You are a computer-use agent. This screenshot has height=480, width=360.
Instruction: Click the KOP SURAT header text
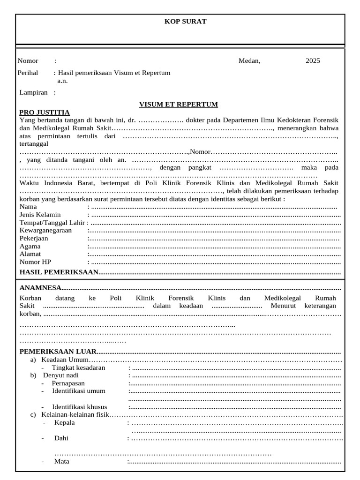point(185,22)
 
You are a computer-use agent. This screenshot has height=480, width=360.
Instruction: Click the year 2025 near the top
point(313,61)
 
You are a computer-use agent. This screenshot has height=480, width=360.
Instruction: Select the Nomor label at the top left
point(28,61)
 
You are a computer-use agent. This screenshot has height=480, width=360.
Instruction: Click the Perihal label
point(28,73)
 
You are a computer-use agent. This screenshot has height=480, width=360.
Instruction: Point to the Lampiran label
point(33,92)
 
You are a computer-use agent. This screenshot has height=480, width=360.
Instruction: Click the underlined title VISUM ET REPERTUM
point(179,105)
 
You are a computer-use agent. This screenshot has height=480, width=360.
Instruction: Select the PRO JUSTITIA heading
point(45,112)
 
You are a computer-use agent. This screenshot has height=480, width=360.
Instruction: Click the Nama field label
point(28,207)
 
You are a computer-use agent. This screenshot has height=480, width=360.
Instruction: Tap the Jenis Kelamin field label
point(40,215)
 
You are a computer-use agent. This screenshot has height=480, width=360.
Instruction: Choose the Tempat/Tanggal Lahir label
point(52,223)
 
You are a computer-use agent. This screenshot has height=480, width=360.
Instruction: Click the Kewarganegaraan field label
point(45,231)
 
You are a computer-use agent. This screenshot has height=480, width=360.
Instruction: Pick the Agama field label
point(30,247)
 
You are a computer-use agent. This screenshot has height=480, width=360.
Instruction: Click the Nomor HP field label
point(35,262)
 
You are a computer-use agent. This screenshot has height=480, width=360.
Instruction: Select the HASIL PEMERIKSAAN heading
point(59,272)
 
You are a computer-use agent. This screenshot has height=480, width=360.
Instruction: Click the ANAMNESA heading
point(40,288)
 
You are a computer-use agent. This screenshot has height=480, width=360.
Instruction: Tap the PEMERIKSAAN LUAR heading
point(58,352)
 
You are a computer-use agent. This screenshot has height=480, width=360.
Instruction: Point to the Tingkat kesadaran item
point(78,368)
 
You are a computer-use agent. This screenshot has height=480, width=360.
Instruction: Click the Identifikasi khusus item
point(79,407)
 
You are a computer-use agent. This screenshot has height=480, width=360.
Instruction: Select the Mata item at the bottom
point(61,461)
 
